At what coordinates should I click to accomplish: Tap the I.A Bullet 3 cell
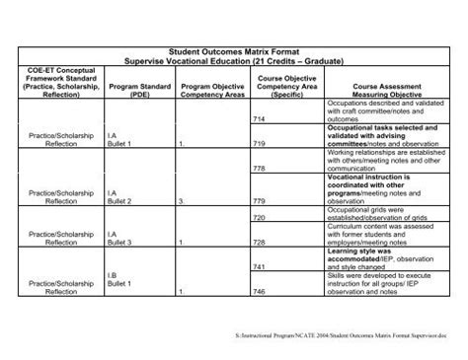[123, 236]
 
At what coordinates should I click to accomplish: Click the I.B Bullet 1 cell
[123, 281]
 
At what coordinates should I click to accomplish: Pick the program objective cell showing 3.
[183, 201]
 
